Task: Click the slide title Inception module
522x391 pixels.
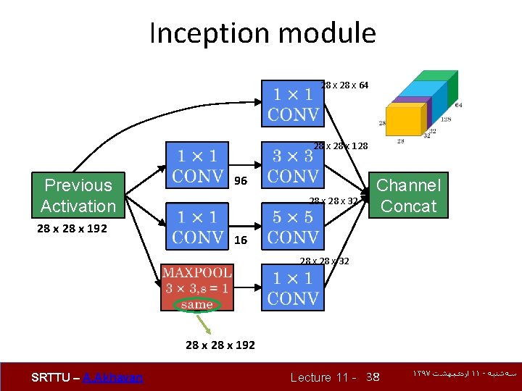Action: pos(262,33)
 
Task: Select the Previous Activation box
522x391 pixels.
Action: pos(78,195)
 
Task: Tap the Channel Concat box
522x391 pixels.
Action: pos(408,195)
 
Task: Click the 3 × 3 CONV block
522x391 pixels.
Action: pos(292,165)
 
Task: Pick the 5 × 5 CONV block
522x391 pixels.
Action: pos(292,227)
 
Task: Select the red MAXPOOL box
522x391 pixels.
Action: pos(197,287)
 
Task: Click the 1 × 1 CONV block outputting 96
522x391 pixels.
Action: pos(197,165)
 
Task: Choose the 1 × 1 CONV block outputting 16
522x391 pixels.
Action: pos(197,227)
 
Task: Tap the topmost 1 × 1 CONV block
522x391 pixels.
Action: pos(292,104)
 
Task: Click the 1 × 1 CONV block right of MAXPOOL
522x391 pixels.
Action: pos(292,287)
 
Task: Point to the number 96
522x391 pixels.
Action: pos(241,181)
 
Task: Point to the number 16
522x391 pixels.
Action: pos(241,240)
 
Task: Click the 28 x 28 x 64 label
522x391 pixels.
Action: pos(344,85)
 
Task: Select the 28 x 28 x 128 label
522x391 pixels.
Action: pos(341,146)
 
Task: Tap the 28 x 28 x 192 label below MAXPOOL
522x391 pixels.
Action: pos(220,345)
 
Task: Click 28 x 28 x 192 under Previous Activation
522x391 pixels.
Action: pos(71,229)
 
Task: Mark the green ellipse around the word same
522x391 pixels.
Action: pos(197,305)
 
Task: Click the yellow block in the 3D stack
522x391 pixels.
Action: pos(404,118)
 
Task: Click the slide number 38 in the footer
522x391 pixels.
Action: pos(373,377)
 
